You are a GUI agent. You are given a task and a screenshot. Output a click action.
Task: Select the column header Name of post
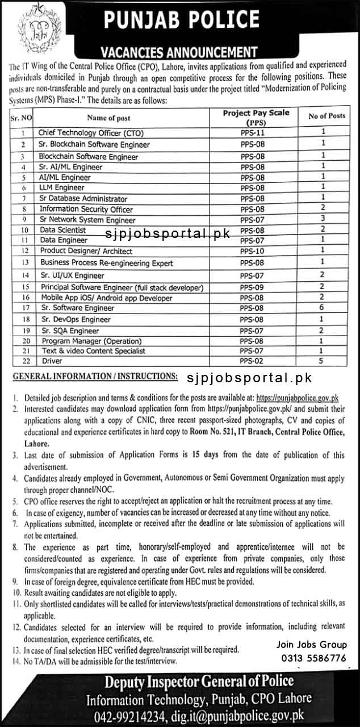(x=108, y=118)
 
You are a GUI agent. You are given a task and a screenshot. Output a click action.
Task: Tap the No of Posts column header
(x=326, y=116)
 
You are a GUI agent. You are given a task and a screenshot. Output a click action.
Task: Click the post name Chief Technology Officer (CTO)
(x=91, y=132)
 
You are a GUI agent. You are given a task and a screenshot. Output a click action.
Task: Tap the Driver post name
(x=52, y=361)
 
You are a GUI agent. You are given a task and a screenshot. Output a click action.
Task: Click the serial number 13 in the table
(x=24, y=263)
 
